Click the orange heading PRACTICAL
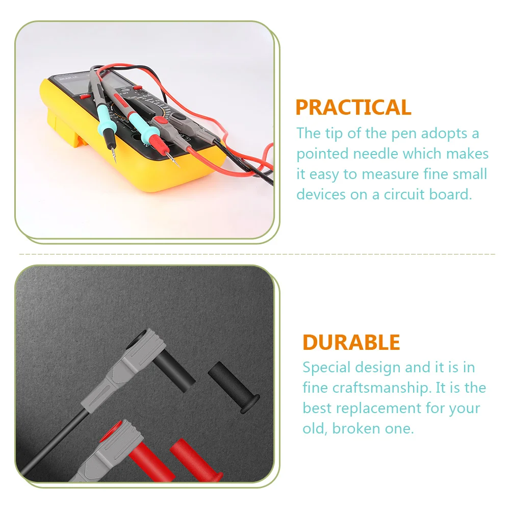tap(353, 108)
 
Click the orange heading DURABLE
tap(351, 342)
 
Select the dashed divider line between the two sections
tap(255, 253)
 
